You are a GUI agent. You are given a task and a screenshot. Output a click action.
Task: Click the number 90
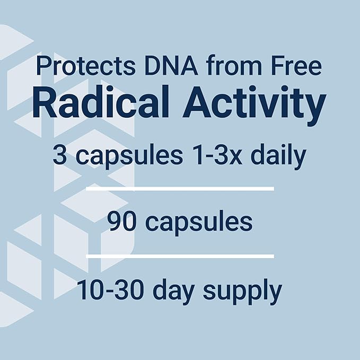[x=120, y=222]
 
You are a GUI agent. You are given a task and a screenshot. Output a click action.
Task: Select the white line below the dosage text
[x=180, y=188]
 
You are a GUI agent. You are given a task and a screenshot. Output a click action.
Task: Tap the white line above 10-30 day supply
[x=180, y=256]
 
